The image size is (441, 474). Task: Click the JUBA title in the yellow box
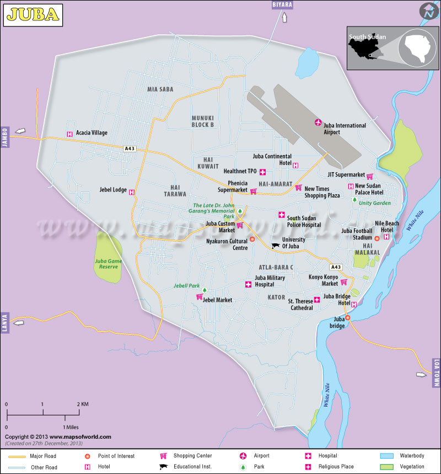33,15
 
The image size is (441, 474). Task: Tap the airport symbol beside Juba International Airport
318,122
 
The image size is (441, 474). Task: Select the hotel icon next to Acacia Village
69,134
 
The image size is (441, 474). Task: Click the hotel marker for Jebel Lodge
132,191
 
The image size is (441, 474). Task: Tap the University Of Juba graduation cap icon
275,246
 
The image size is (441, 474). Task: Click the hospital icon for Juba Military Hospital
248,284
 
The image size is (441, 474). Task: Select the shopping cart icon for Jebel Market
199,297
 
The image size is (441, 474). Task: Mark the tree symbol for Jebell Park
205,290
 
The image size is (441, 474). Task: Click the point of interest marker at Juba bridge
348,317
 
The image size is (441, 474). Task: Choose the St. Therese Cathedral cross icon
317,300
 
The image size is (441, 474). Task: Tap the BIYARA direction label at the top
283,5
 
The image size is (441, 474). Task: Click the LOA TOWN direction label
436,372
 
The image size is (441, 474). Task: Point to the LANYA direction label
5,322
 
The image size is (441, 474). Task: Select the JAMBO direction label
5,134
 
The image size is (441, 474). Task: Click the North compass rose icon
428,12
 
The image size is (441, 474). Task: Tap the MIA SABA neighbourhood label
160,89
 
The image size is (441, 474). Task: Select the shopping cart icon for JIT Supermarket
370,176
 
